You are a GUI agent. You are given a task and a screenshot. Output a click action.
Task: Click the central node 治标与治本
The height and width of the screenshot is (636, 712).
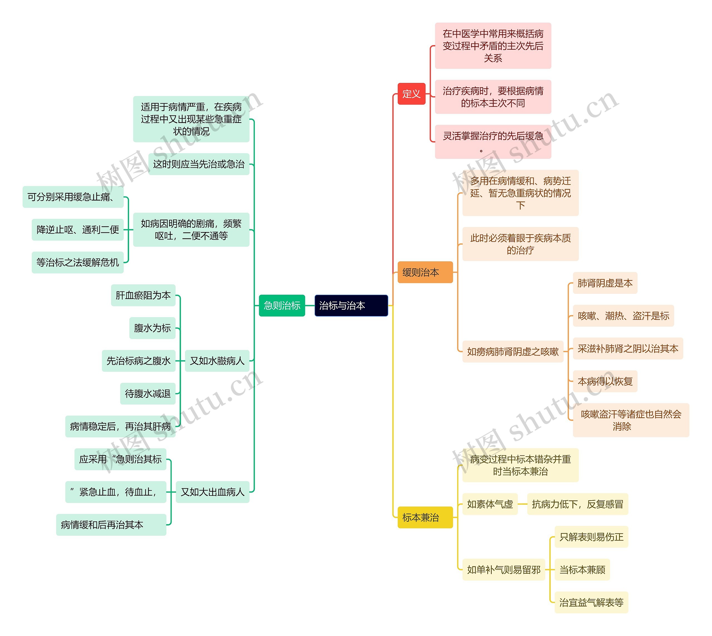point(351,306)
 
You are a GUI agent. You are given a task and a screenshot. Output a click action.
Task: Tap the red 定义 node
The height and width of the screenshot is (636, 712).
point(411,94)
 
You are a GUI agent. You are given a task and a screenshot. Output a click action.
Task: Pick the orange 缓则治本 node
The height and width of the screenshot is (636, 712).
point(425,272)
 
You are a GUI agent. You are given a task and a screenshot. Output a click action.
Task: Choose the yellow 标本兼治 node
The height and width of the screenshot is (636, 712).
point(425,517)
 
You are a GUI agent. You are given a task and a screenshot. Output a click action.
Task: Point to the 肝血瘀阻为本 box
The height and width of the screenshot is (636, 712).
point(143,295)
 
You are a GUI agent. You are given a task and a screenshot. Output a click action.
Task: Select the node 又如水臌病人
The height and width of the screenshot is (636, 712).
point(217,361)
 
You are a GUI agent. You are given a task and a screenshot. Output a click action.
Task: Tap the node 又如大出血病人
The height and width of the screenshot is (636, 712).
point(212,492)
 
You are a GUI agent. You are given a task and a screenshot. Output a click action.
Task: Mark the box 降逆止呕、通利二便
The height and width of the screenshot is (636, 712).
point(78,230)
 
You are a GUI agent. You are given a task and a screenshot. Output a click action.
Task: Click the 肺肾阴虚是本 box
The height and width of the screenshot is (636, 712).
point(605,283)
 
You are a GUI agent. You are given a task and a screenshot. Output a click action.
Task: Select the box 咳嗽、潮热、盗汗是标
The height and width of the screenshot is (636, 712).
point(623,316)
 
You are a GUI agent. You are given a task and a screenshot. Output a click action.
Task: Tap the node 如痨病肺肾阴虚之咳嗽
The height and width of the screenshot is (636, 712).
point(513,352)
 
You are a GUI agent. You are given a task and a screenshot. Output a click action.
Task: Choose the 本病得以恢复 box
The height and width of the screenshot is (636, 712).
point(605,381)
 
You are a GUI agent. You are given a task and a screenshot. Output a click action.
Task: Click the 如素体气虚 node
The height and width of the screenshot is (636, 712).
point(490,504)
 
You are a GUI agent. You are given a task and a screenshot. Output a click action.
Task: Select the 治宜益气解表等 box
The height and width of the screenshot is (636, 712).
point(591,602)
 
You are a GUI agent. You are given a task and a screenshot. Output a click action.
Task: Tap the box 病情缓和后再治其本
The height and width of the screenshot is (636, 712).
point(111,525)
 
